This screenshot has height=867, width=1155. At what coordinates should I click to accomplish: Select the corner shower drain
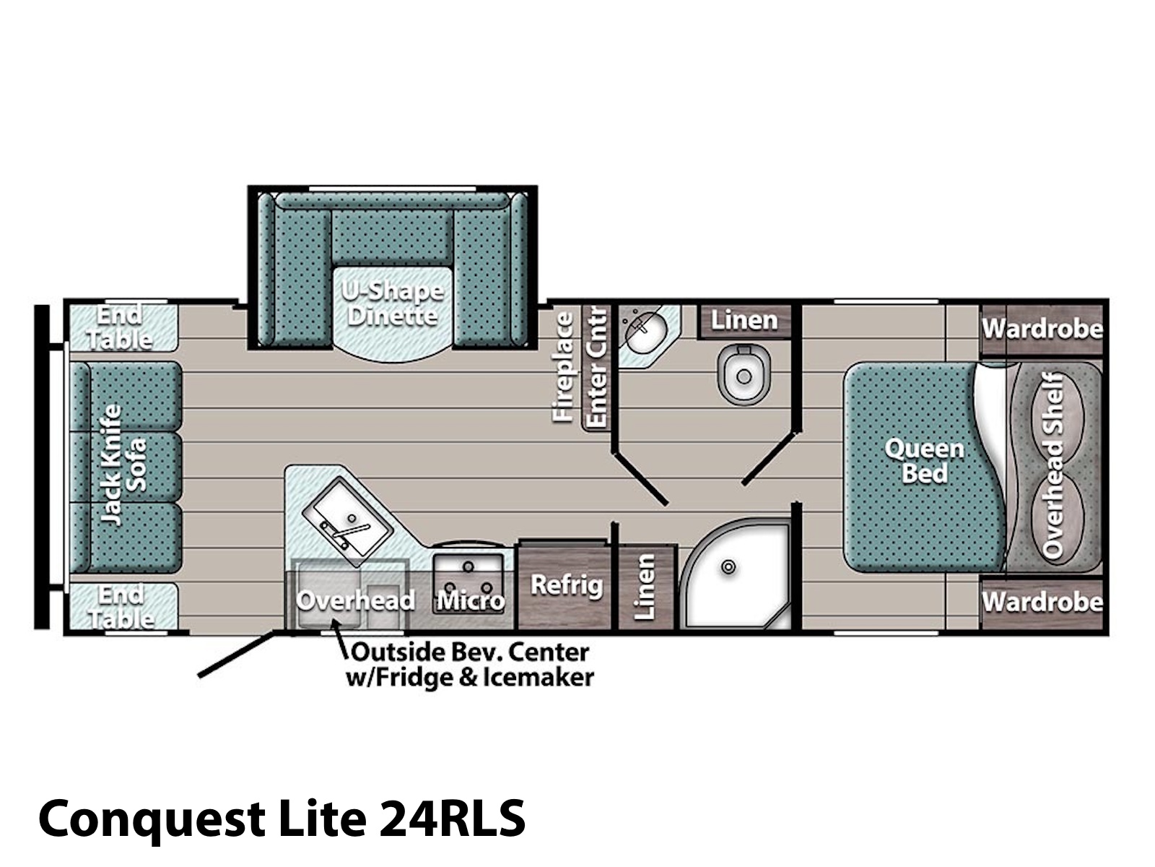pyautogui.click(x=729, y=567)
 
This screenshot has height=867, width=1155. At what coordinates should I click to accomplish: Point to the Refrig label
pyautogui.click(x=567, y=585)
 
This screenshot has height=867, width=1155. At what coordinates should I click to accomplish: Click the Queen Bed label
pyautogui.click(x=925, y=461)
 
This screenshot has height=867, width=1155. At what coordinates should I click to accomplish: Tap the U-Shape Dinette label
pyautogui.click(x=393, y=303)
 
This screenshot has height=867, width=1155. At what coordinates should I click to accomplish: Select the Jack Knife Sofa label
pyautogui.click(x=123, y=465)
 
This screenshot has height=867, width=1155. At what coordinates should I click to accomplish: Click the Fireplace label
pyautogui.click(x=563, y=367)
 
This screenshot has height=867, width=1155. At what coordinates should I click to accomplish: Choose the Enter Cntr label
pyautogui.click(x=597, y=367)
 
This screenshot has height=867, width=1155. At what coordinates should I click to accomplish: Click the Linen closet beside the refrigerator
pyautogui.click(x=645, y=587)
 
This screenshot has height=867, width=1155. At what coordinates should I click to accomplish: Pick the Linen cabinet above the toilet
pyautogui.click(x=744, y=321)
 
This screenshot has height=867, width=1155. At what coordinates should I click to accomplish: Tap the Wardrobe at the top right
pyautogui.click(x=1042, y=329)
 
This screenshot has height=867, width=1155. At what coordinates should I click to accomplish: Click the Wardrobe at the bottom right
pyautogui.click(x=1042, y=603)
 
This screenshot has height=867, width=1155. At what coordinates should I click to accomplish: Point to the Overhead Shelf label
pyautogui.click(x=1053, y=466)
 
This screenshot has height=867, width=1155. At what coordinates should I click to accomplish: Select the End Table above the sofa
pyautogui.click(x=120, y=327)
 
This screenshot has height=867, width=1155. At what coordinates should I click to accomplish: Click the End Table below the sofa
pyautogui.click(x=121, y=606)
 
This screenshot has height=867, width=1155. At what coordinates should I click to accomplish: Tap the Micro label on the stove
pyautogui.click(x=471, y=600)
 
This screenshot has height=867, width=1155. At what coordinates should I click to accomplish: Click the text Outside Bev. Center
pyautogui.click(x=469, y=652)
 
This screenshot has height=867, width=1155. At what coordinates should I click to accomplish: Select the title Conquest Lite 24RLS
pyautogui.click(x=282, y=818)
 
